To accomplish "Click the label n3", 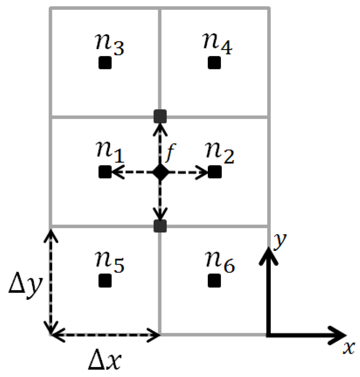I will click(x=106, y=45).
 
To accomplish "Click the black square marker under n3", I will click(x=105, y=63).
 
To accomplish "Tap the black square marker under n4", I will click(x=214, y=63).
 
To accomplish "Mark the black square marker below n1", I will click(x=105, y=172).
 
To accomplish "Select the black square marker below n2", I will click(x=214, y=172).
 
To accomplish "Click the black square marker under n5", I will click(x=105, y=281).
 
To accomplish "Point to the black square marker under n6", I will click(x=214, y=281).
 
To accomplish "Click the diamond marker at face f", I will click(x=160, y=172).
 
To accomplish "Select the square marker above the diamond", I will click(x=160, y=117).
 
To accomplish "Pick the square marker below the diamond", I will click(x=160, y=226).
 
